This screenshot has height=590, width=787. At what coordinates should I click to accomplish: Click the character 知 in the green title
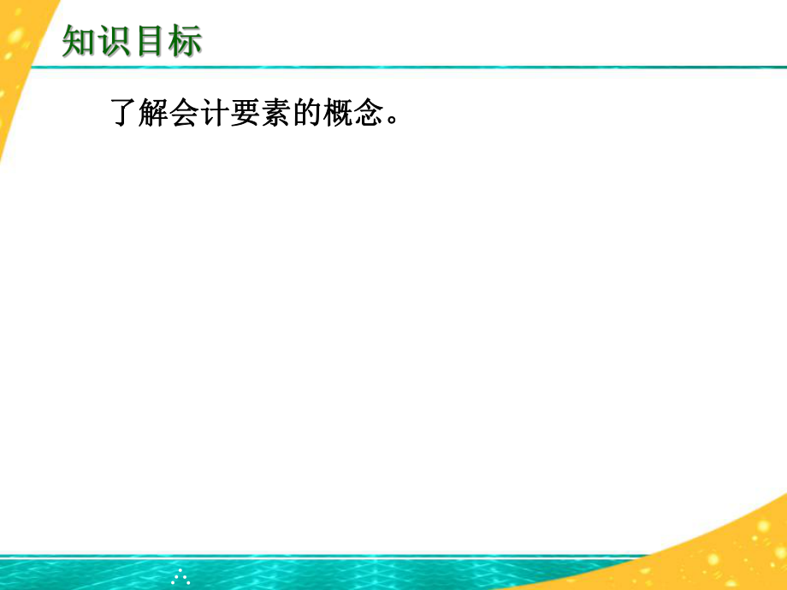point(80,41)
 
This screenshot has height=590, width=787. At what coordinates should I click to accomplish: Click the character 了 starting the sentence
point(126,112)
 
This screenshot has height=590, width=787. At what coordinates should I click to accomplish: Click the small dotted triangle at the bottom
point(180,578)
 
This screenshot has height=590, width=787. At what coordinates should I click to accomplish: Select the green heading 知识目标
point(133,41)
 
